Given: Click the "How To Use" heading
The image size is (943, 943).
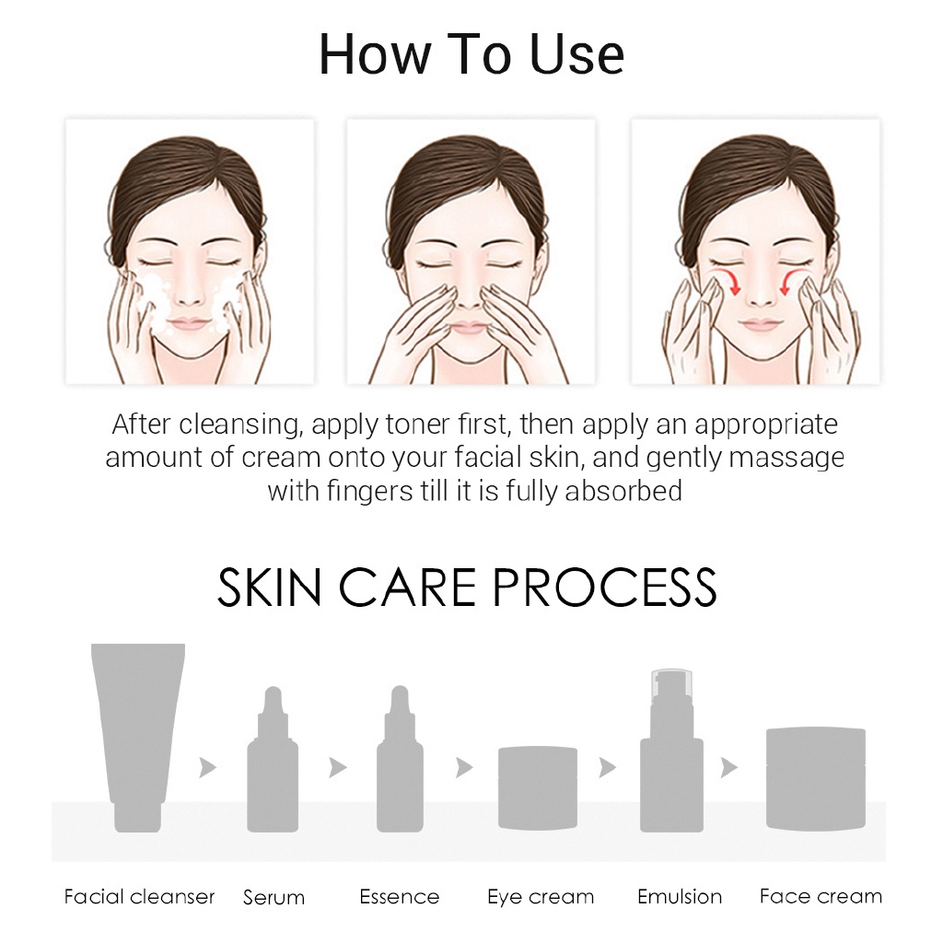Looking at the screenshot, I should pyautogui.click(x=471, y=55).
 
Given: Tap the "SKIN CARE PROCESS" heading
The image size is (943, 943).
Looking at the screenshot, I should pyautogui.click(x=466, y=588).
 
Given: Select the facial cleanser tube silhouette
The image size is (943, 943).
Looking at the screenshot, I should pyautogui.click(x=138, y=728).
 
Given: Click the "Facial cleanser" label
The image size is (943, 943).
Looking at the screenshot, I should pyautogui.click(x=139, y=896).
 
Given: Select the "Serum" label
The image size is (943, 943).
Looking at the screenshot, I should pyautogui.click(x=274, y=897).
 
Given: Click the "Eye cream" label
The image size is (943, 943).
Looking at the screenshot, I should pyautogui.click(x=541, y=896).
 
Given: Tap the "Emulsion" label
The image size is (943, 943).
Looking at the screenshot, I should pyautogui.click(x=679, y=896).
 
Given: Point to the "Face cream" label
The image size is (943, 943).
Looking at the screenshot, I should pyautogui.click(x=821, y=896).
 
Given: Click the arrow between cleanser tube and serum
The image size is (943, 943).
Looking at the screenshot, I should pyautogui.click(x=208, y=767).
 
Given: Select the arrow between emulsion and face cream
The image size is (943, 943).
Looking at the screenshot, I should pyautogui.click(x=729, y=767).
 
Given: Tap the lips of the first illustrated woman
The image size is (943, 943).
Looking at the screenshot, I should pyautogui.click(x=189, y=323).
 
